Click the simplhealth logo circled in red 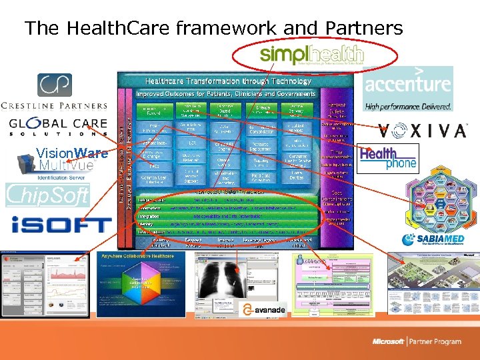(312, 55)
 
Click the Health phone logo (388, 158)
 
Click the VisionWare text (71, 153)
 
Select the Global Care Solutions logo (57, 127)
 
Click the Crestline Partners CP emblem (54, 85)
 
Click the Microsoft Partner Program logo (417, 341)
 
